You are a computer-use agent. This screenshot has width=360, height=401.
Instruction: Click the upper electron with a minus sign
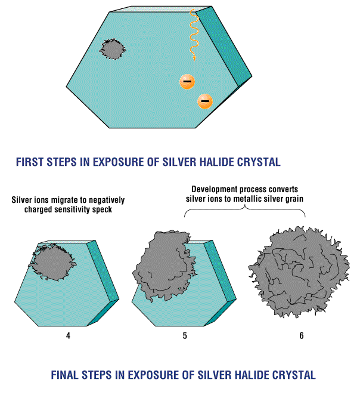tap(187, 81)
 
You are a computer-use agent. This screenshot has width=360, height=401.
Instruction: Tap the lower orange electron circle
tap(204, 101)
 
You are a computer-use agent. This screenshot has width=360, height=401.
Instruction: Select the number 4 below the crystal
tap(68, 335)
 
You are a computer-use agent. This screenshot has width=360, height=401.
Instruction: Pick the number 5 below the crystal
tap(185, 335)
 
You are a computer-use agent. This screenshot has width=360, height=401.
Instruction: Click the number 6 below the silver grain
tap(301, 335)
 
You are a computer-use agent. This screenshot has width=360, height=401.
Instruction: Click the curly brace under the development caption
tap(244, 214)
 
